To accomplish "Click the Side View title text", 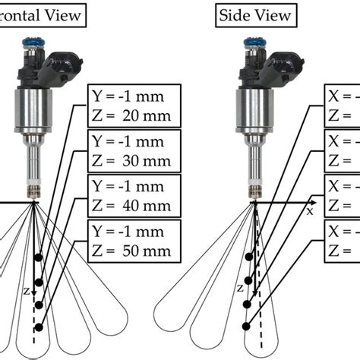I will pos(251,14).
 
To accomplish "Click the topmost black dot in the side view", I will pos(249,257).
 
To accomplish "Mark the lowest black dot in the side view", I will pos(245,327).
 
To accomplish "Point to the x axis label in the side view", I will pos(310,212).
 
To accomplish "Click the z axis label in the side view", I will pos(240,289).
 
